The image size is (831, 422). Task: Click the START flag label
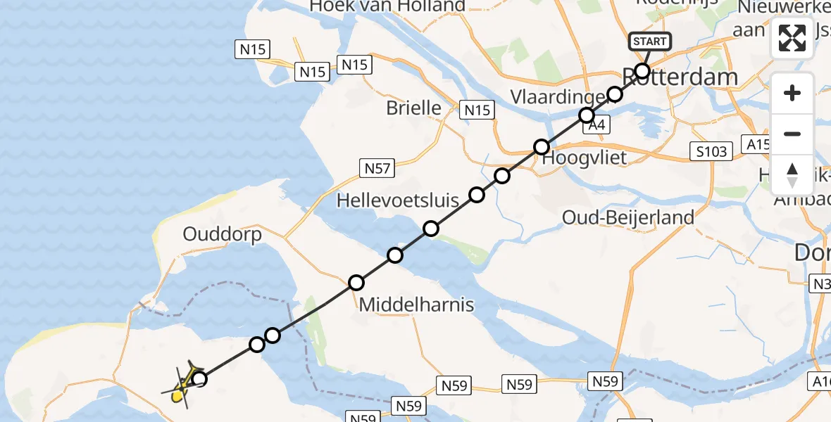[649, 41]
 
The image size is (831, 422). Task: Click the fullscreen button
[792, 38]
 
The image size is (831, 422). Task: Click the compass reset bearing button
[792, 175]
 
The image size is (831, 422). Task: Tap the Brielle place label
[413, 108]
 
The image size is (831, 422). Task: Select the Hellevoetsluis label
[398, 200]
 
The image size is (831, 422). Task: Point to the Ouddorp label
[222, 234]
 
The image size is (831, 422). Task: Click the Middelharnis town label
[417, 305]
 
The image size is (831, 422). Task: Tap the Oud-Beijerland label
[628, 218]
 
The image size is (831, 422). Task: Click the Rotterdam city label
[680, 77]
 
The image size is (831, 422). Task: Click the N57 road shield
[377, 168]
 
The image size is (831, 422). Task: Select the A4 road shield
[596, 125]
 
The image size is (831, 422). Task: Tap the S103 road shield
[710, 152]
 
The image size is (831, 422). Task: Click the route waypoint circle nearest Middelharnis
[356, 283]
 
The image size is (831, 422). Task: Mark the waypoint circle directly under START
[642, 70]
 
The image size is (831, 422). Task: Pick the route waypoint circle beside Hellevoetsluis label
[477, 195]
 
